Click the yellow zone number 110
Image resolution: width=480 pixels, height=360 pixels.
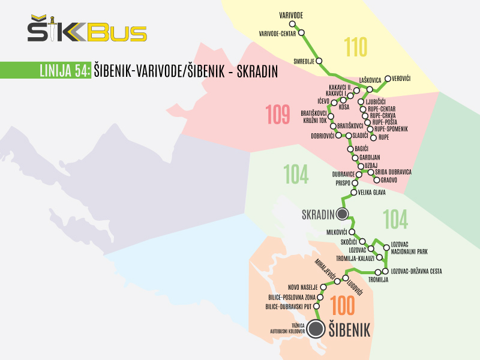(355, 47)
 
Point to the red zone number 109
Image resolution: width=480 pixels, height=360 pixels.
(278, 114)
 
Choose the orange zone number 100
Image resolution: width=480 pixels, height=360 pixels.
(343, 306)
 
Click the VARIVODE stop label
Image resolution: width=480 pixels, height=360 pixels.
(291, 14)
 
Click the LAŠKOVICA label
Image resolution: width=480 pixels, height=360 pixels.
(370, 79)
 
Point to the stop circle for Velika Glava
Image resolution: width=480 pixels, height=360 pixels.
(353, 193)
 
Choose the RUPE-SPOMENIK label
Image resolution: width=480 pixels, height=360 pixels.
(391, 129)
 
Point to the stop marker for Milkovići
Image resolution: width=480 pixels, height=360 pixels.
(352, 232)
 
